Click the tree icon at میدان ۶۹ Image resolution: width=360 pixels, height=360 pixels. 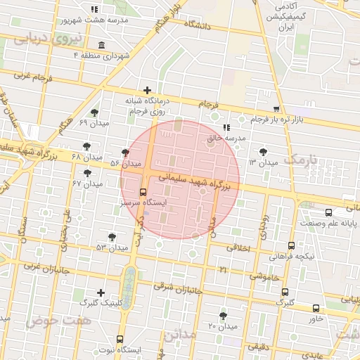(x=95, y=112)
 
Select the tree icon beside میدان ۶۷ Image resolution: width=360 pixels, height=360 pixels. (x=88, y=173)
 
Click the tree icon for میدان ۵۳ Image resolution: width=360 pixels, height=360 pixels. (x=112, y=237)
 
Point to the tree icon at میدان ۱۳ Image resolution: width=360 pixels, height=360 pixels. (x=264, y=151)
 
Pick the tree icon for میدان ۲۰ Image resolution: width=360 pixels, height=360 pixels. (x=224, y=316)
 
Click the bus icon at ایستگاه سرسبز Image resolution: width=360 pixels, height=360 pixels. (x=143, y=191)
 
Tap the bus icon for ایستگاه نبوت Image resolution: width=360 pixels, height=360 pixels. (x=120, y=339)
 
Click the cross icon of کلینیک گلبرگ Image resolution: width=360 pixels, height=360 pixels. (x=101, y=292)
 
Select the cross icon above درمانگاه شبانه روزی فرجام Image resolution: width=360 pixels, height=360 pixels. (x=147, y=90)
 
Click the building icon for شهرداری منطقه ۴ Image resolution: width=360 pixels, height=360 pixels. (x=103, y=46)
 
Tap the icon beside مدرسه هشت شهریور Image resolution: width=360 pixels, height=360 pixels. (x=94, y=10)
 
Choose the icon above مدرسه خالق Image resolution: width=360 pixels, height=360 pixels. (x=226, y=127)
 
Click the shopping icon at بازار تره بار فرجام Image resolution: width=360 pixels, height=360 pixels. (x=276, y=109)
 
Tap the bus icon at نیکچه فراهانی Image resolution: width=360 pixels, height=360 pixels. (x=292, y=245)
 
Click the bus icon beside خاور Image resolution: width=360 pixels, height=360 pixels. (x=316, y=308)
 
